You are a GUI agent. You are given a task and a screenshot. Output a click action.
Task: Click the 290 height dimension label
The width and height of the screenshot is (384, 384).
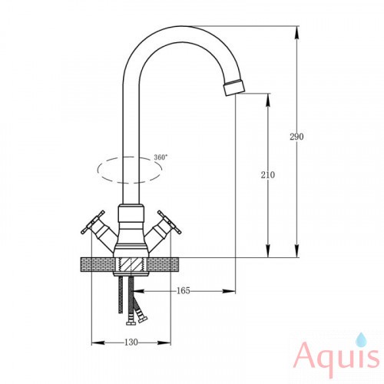tap(296, 137)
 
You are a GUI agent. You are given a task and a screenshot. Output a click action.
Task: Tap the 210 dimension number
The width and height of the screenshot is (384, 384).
tap(268, 175)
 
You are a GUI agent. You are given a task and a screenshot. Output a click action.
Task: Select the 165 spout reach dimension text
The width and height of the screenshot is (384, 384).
tap(184, 290)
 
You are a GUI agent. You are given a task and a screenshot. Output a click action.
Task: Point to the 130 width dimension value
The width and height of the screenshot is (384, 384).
tap(131, 343)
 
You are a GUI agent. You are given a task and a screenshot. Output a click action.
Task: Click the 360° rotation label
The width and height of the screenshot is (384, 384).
tap(161, 157)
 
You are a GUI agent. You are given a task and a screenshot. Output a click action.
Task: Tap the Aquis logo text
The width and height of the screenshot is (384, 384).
tap(337, 356)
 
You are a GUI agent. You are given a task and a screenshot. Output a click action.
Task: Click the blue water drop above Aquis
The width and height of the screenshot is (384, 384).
tap(361, 339)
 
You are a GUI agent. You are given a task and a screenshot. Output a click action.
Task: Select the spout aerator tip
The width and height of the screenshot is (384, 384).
tap(234, 88)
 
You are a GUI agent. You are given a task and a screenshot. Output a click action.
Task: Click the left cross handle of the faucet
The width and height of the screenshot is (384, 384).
tap(93, 222)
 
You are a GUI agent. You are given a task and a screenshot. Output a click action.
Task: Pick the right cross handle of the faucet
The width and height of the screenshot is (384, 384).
tap(170, 222)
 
